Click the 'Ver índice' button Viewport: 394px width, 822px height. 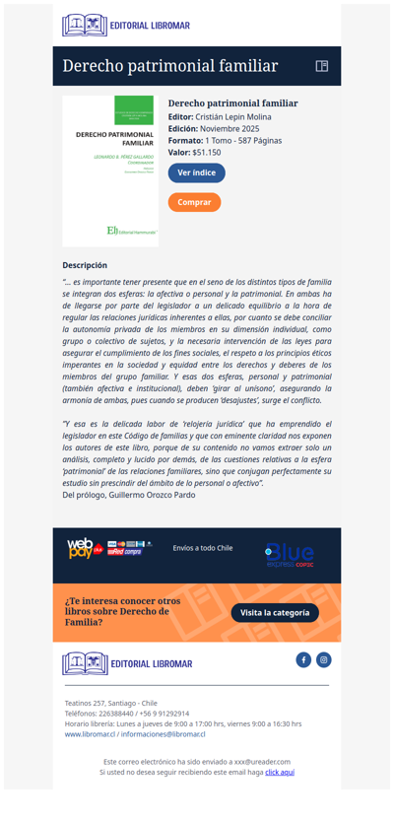196,172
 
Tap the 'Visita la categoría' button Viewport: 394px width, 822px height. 275,612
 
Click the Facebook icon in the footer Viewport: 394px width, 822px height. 303,659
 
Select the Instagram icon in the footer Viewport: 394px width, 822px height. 323,659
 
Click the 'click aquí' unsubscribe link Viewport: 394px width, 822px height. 280,773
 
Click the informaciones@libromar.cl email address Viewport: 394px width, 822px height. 163,734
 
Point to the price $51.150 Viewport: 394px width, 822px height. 207,153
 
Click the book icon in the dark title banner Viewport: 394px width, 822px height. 321,66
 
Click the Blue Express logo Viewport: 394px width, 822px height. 289,554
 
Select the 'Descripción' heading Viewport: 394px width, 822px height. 85,265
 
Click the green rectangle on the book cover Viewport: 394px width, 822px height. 133,109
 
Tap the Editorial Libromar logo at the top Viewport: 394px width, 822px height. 125,26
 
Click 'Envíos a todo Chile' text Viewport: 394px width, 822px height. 202,548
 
